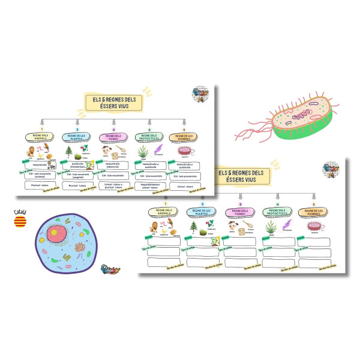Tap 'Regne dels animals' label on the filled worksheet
click(42, 137)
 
